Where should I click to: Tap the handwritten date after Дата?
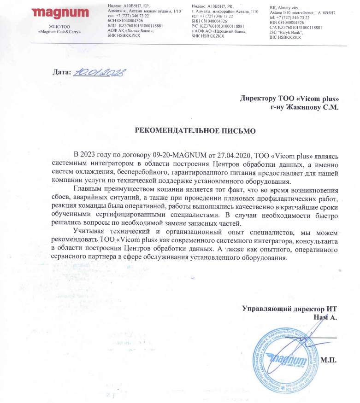(x=100, y=72)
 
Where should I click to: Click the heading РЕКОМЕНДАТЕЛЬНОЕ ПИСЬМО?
(x=195, y=130)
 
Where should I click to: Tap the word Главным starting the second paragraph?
(x=89, y=190)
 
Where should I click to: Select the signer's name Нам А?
(x=325, y=317)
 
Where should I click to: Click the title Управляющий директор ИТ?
(x=290, y=310)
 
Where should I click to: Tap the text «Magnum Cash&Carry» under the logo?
(x=59, y=32)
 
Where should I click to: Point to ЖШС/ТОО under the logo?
(x=59, y=27)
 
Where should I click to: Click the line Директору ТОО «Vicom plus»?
(x=289, y=98)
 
